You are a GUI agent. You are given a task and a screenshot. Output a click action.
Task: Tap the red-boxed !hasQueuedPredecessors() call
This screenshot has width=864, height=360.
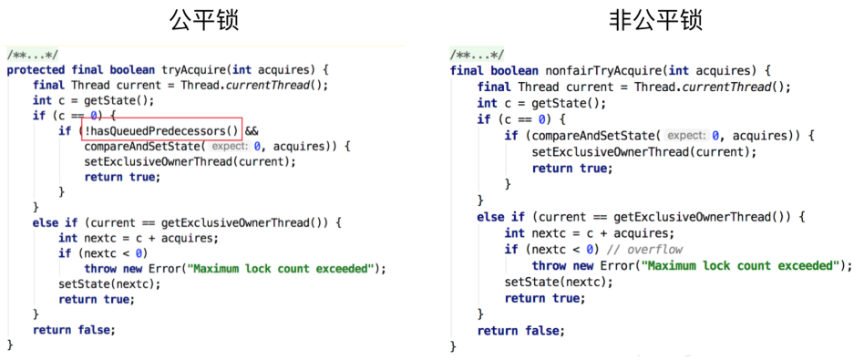(x=162, y=131)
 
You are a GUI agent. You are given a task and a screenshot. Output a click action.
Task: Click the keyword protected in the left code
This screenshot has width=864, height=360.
(x=36, y=70)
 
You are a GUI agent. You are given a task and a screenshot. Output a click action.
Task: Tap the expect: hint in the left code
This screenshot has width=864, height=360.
(x=230, y=148)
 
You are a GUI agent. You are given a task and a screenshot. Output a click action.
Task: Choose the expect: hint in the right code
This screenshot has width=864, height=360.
(x=685, y=136)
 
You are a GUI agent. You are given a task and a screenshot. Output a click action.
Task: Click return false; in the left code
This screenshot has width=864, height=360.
(x=74, y=330)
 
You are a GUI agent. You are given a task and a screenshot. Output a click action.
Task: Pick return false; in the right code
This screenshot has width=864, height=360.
(x=521, y=331)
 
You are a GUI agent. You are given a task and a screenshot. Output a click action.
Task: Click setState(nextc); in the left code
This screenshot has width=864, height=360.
(x=109, y=284)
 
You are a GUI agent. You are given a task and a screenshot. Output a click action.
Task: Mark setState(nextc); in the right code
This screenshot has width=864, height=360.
(x=559, y=282)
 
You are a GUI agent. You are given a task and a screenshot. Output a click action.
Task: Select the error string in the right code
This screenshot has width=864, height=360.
(x=740, y=266)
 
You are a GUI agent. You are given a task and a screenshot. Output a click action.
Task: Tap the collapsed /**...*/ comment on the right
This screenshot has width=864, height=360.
(x=478, y=55)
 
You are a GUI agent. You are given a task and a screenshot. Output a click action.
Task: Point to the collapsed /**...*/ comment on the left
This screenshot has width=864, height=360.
(x=32, y=55)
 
